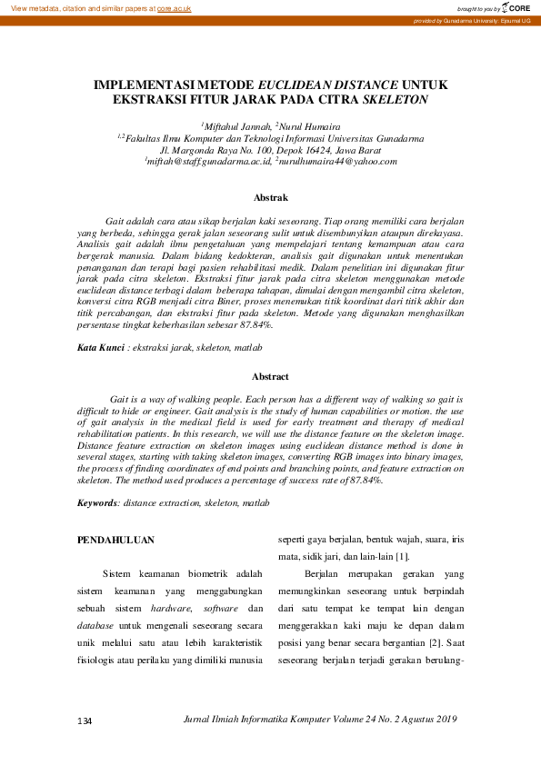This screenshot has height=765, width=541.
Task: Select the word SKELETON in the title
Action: tap(396, 99)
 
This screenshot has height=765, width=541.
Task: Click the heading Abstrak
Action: tap(270, 197)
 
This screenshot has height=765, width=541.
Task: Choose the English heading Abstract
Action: tap(270, 376)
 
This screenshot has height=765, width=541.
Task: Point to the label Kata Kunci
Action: tap(99, 348)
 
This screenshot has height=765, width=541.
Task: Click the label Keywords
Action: tap(97, 502)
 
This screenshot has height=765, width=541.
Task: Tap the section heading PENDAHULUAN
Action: tap(115, 540)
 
